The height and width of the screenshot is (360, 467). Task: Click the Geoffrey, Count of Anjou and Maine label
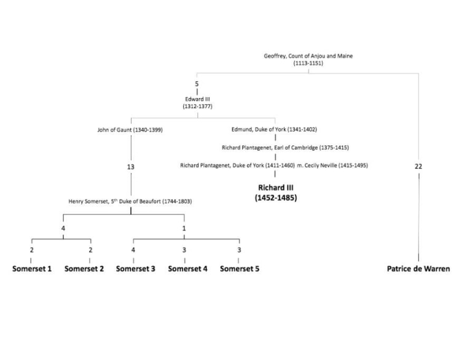click(308, 56)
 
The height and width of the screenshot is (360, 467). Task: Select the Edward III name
click(197, 99)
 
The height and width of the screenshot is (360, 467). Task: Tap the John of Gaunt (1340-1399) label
click(130, 130)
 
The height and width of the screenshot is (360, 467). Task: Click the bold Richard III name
click(276, 187)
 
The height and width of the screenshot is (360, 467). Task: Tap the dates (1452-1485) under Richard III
click(276, 198)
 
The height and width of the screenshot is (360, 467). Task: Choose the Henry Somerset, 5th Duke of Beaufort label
click(130, 202)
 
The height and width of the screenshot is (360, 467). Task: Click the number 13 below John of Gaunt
click(131, 166)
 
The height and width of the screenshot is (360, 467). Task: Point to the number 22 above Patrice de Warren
click(418, 166)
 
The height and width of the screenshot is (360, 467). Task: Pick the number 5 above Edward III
click(197, 84)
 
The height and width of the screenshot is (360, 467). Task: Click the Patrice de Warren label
click(418, 269)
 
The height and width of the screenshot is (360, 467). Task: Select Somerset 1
click(32, 269)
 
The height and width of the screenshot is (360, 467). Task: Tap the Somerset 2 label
click(84, 269)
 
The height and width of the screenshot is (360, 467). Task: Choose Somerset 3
click(136, 269)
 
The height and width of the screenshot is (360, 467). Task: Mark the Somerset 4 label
click(187, 269)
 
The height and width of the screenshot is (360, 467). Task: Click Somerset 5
click(240, 269)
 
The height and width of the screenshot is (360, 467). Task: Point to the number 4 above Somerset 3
click(133, 250)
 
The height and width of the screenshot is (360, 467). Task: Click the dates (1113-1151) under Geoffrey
click(308, 63)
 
